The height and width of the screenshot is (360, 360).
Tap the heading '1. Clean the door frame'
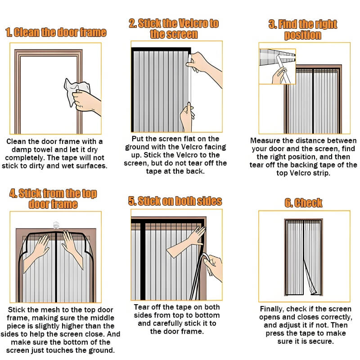(x=56, y=32)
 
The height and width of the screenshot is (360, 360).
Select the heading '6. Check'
(x=303, y=203)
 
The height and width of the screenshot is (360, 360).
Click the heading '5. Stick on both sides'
(x=175, y=201)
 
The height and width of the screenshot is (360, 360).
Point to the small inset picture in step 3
(x=277, y=66)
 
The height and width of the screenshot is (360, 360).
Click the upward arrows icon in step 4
(x=56, y=225)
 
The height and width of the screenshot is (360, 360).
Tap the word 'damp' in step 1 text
(x=20, y=150)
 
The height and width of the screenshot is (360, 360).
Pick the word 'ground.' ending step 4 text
(x=103, y=351)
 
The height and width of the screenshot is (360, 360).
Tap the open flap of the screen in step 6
(x=310, y=278)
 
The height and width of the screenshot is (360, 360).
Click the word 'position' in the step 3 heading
(x=302, y=35)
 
